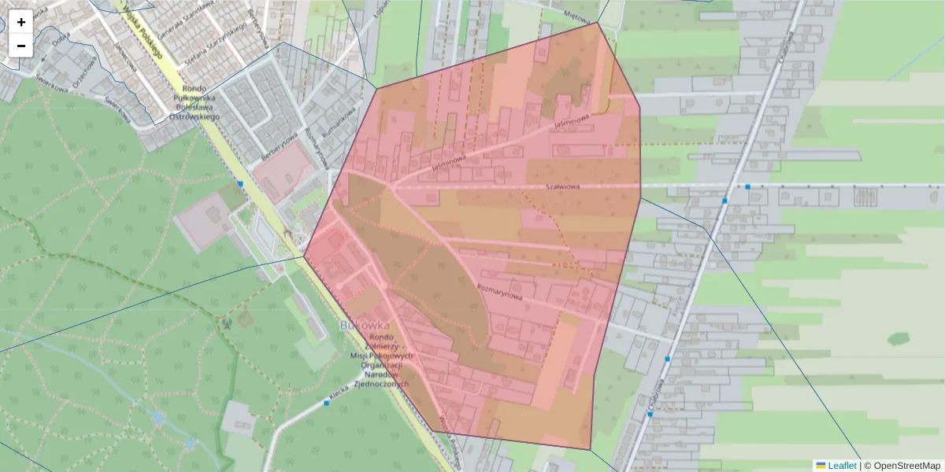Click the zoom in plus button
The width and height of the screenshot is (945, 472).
[21, 22]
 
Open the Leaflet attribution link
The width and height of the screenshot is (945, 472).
[841, 466]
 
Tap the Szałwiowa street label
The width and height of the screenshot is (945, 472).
[562, 186]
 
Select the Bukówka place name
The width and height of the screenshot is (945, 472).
[365, 325]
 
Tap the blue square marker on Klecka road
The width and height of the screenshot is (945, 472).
[326, 403]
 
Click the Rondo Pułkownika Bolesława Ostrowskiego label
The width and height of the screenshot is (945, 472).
[194, 101]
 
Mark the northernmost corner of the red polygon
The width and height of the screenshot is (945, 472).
[598, 23]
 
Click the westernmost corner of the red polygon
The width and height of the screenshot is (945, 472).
[305, 256]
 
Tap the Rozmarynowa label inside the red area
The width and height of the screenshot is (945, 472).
[500, 290]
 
